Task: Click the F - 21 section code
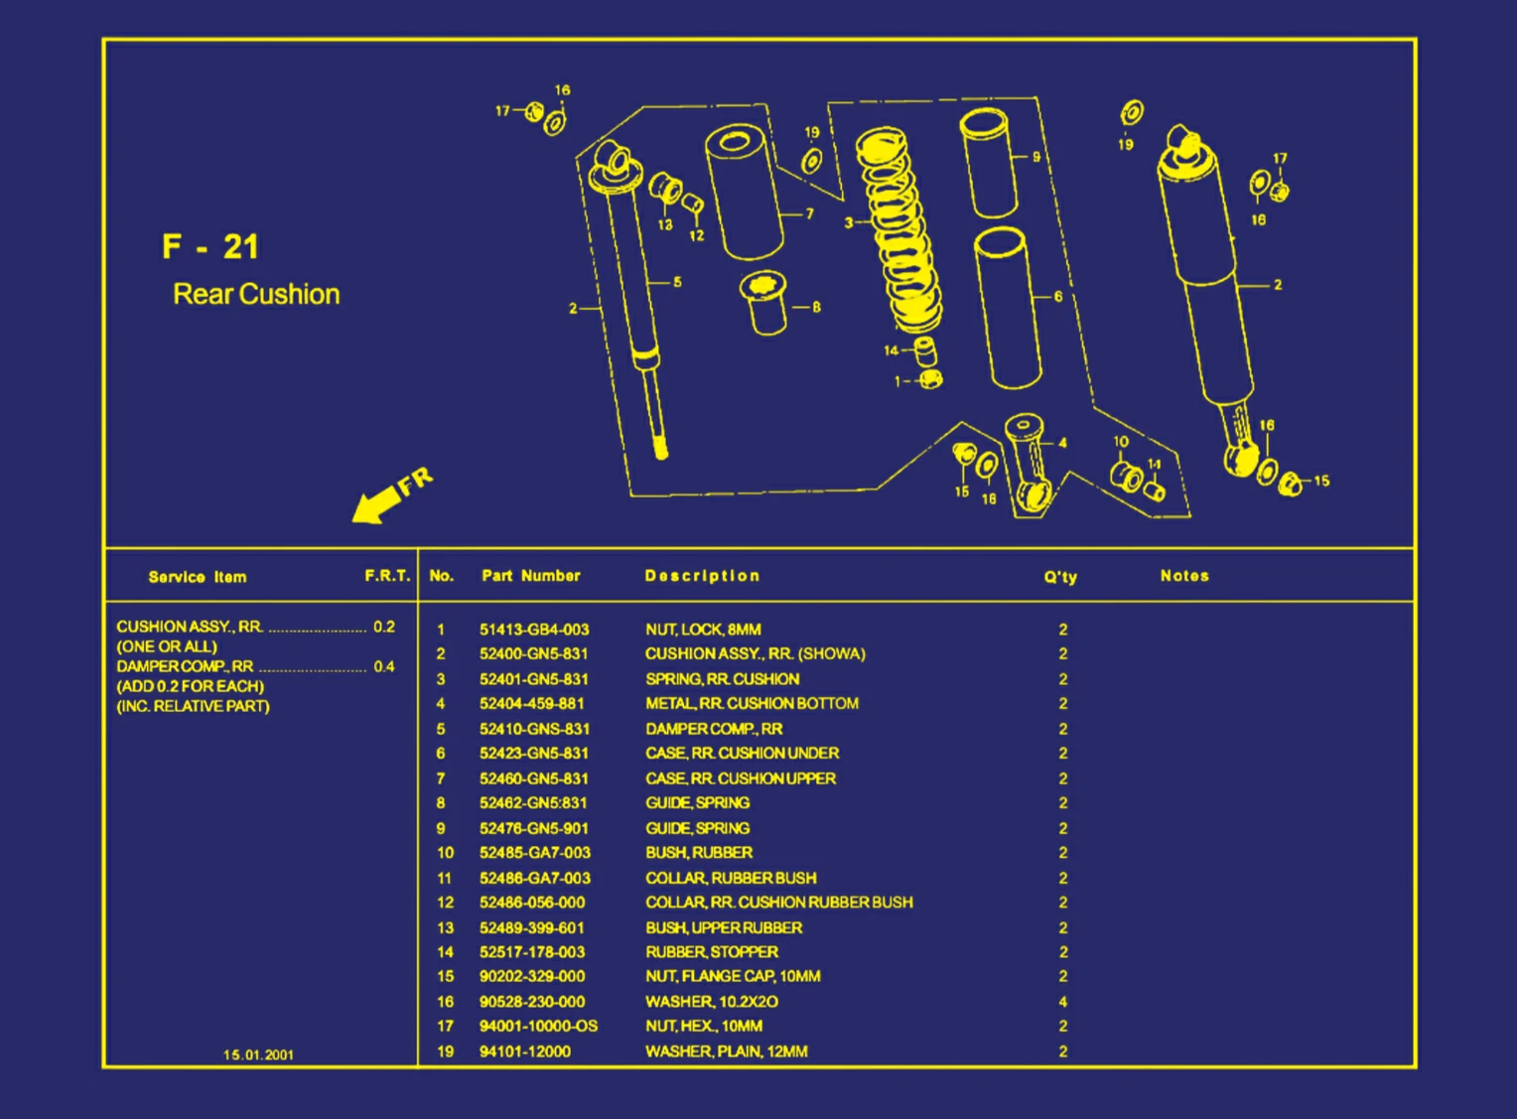click(x=210, y=247)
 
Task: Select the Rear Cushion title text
click(x=256, y=294)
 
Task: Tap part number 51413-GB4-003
click(x=534, y=629)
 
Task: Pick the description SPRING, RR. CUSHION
click(x=722, y=679)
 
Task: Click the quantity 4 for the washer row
click(x=1062, y=1002)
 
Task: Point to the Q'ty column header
click(x=1059, y=577)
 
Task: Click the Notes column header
click(x=1184, y=576)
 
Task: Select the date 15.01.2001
click(x=258, y=1054)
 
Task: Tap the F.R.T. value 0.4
click(x=384, y=666)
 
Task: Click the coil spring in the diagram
click(x=898, y=233)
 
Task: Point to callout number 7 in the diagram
click(x=809, y=213)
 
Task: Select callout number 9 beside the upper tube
click(x=1036, y=157)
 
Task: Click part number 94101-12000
click(x=524, y=1051)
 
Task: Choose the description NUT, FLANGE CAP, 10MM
click(x=733, y=976)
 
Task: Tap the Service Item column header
click(x=198, y=577)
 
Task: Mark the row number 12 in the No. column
click(x=445, y=903)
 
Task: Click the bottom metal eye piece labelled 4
click(x=1028, y=462)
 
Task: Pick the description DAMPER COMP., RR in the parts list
click(x=714, y=729)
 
